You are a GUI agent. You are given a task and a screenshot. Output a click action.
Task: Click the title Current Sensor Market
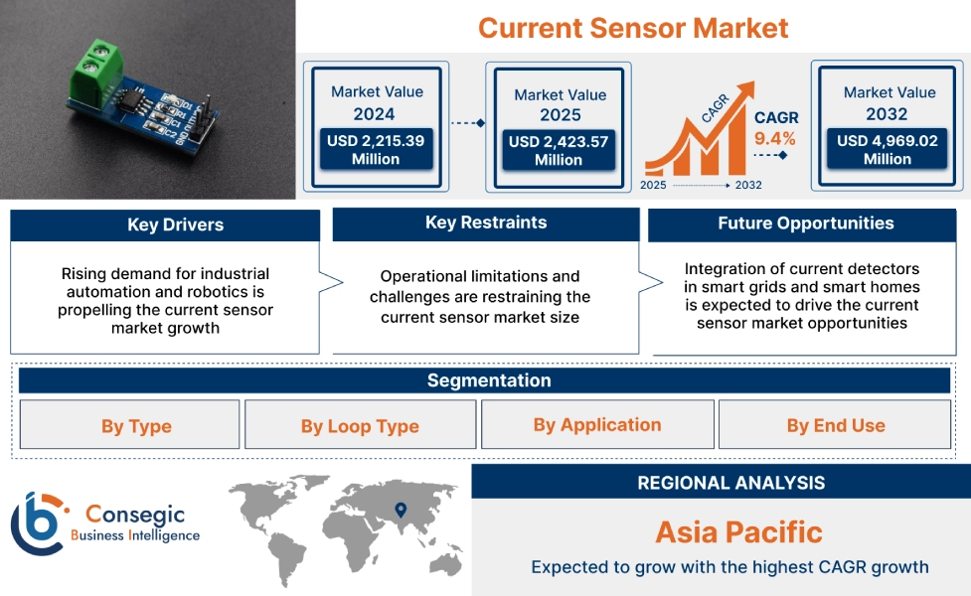(633, 27)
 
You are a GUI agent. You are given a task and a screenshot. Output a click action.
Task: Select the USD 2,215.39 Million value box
(376, 150)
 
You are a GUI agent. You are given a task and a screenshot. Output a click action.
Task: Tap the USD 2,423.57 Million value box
(558, 150)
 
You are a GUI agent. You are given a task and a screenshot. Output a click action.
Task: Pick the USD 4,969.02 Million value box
(887, 150)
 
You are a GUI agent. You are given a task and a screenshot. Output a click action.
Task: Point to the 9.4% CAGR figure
(775, 138)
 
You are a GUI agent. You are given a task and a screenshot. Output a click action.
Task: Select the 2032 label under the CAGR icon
(747, 185)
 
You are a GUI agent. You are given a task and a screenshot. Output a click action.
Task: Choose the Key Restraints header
(485, 223)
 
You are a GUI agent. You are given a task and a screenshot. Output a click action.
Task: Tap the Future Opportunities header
(805, 223)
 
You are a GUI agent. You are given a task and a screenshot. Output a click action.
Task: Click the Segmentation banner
(488, 380)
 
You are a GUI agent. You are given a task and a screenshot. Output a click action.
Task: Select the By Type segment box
(135, 426)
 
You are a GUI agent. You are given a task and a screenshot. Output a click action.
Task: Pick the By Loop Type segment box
(360, 426)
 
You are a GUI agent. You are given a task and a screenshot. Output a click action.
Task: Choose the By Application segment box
(596, 424)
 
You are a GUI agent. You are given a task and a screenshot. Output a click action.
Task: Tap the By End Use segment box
(835, 425)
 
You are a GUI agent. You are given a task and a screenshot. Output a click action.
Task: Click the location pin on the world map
(401, 510)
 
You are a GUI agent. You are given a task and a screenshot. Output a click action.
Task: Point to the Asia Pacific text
(738, 531)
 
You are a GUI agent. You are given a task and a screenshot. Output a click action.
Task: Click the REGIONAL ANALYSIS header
(730, 483)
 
